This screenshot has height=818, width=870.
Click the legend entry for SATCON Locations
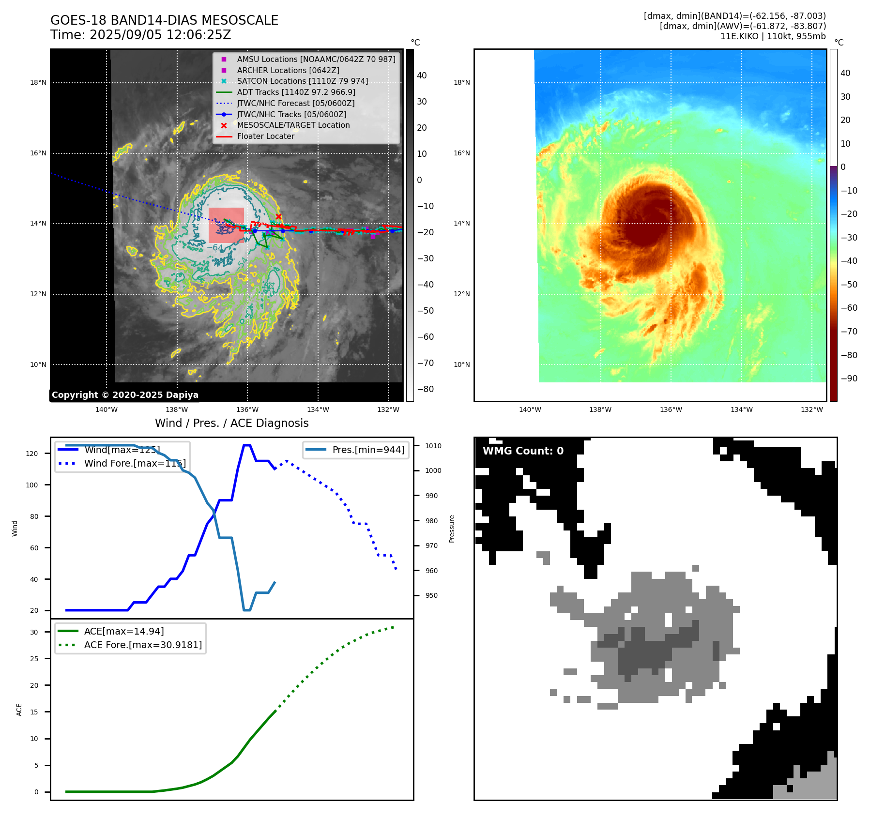pyautogui.click(x=302, y=81)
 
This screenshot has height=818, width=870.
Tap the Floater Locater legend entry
pyautogui.click(x=265, y=136)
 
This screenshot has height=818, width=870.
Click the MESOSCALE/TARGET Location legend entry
pyautogui.click(x=293, y=125)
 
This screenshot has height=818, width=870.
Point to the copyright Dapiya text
pyautogui.click(x=125, y=395)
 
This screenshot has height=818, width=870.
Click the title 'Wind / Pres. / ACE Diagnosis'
pyautogui.click(x=231, y=423)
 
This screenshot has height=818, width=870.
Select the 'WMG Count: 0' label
pyautogui.click(x=523, y=451)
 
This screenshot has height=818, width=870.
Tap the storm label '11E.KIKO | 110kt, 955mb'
pyautogui.click(x=773, y=36)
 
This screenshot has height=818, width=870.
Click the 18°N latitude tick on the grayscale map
pyautogui.click(x=38, y=83)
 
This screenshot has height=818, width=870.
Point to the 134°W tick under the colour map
pyautogui.click(x=741, y=409)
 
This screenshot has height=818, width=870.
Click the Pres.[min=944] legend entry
pyautogui.click(x=368, y=450)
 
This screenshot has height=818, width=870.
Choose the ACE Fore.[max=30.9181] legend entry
pyautogui.click(x=143, y=645)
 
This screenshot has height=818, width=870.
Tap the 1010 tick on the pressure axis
pyautogui.click(x=433, y=446)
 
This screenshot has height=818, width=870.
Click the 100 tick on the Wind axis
pyautogui.click(x=32, y=485)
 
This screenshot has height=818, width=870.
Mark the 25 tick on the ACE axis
pyautogui.click(x=34, y=659)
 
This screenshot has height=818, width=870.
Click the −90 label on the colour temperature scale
pyautogui.click(x=849, y=379)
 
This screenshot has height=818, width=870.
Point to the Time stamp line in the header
pyautogui.click(x=140, y=35)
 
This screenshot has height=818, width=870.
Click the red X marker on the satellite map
pyautogui.click(x=278, y=216)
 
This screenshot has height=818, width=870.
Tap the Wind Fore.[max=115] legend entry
pyautogui.click(x=135, y=463)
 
